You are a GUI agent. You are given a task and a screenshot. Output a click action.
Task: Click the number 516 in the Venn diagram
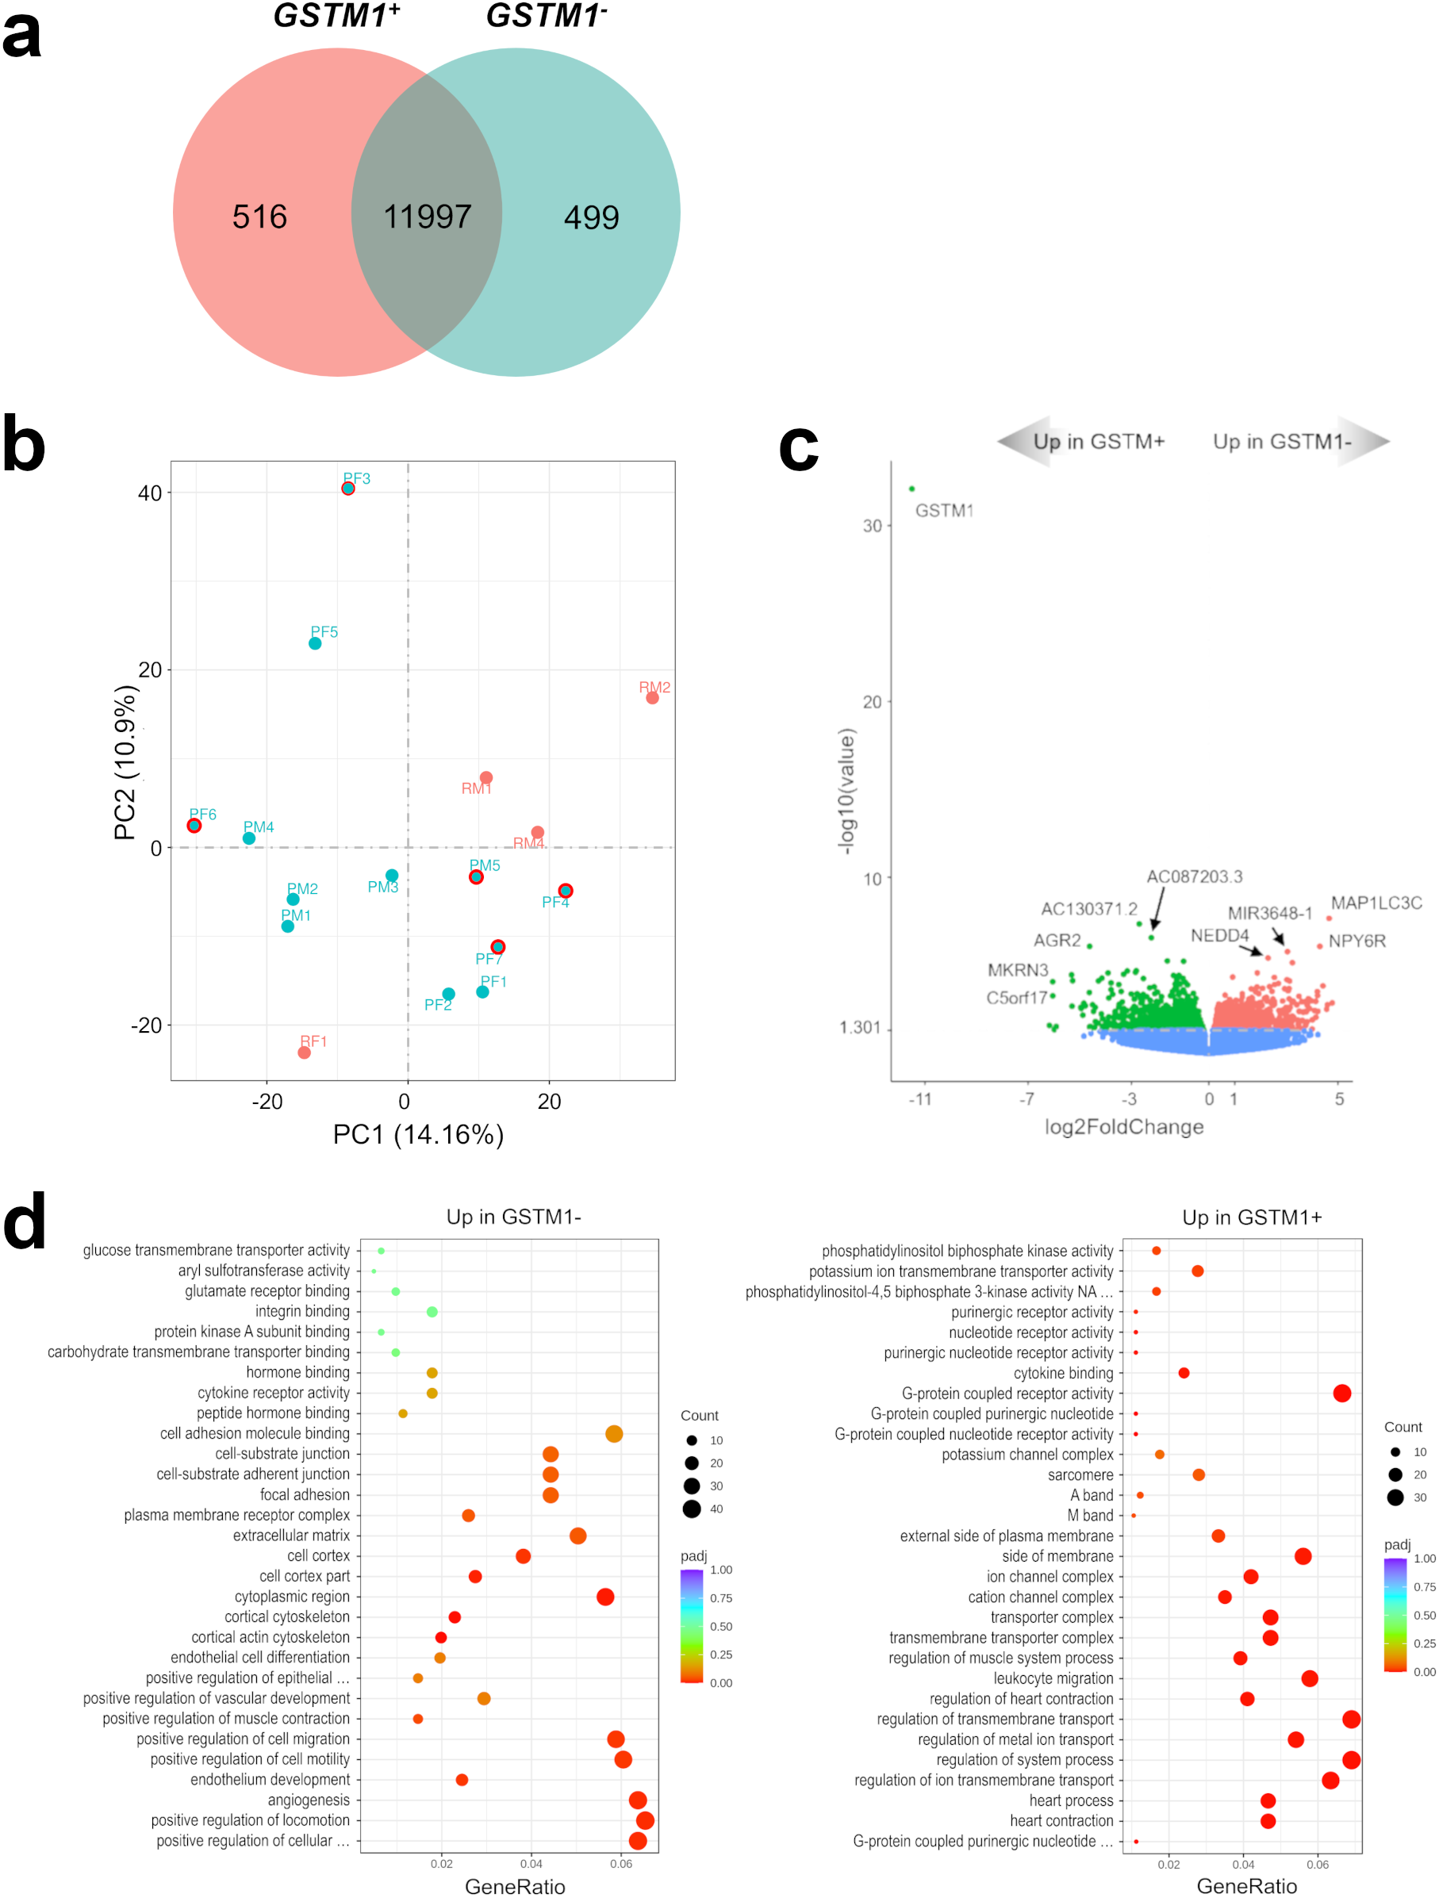259,217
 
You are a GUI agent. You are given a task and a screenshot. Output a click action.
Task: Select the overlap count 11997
428,217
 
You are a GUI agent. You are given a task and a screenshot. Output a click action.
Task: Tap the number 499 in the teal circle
591,218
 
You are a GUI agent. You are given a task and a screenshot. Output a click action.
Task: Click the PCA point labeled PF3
347,489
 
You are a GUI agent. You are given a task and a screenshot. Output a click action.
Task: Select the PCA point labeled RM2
652,698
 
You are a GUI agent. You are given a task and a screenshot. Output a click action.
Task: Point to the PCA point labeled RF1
304,1052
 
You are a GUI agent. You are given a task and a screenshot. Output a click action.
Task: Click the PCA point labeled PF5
315,643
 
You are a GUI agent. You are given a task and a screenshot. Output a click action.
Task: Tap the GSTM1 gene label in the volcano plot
944,511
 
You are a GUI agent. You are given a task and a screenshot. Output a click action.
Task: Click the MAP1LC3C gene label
1376,903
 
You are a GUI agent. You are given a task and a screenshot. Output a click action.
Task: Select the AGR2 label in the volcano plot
1057,941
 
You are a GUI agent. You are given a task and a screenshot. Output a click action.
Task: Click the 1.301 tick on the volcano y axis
859,1028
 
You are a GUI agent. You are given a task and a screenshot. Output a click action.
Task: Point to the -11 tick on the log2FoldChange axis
920,1099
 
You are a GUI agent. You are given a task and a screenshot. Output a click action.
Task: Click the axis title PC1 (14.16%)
418,1134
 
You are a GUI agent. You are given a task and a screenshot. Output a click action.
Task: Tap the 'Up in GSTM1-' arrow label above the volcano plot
1282,441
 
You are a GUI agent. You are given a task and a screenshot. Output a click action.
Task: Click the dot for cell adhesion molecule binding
613,1434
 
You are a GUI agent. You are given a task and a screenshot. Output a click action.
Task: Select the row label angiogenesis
308,1800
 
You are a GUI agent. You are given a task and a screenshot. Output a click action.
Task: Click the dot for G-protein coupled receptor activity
1342,1394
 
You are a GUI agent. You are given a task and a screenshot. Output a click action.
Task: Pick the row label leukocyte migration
1053,1678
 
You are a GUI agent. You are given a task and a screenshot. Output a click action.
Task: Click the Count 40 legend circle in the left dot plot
692,1509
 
